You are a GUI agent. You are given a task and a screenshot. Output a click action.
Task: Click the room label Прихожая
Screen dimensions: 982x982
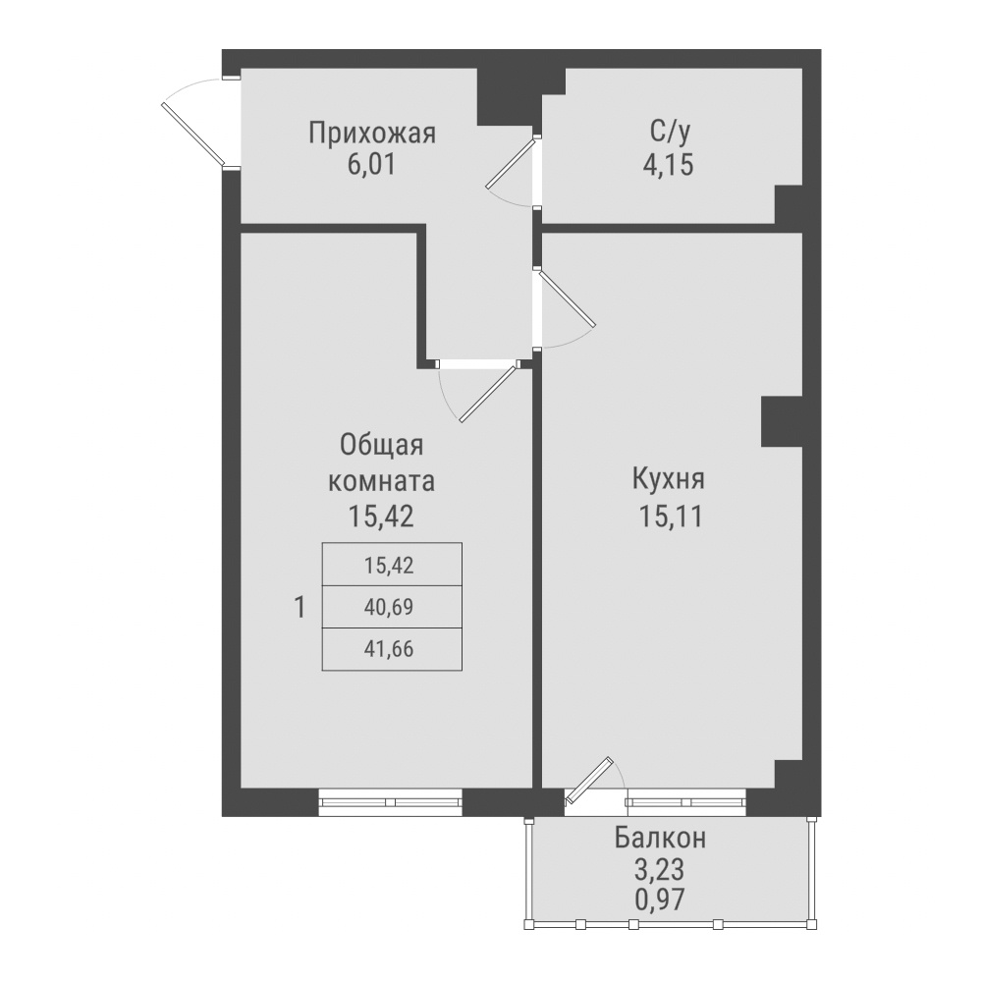[371, 133]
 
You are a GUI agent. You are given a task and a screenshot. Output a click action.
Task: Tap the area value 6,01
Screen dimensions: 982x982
[370, 164]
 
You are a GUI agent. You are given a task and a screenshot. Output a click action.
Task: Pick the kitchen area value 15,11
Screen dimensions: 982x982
[670, 515]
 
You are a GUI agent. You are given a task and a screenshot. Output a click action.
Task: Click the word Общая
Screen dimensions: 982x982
[381, 446]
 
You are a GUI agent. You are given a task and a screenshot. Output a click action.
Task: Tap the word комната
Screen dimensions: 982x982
[381, 481]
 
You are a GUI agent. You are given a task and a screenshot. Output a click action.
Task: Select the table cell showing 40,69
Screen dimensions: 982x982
[391, 607]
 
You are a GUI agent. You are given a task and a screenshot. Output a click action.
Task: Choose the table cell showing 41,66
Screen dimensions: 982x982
[391, 649]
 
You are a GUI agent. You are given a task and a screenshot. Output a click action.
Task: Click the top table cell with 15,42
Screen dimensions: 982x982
[391, 565]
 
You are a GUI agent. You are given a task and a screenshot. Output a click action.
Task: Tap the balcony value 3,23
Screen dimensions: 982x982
[660, 869]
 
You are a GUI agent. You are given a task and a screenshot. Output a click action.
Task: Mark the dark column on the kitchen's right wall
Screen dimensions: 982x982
[782, 421]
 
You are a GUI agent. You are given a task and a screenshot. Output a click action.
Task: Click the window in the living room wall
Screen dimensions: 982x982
[391, 801]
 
